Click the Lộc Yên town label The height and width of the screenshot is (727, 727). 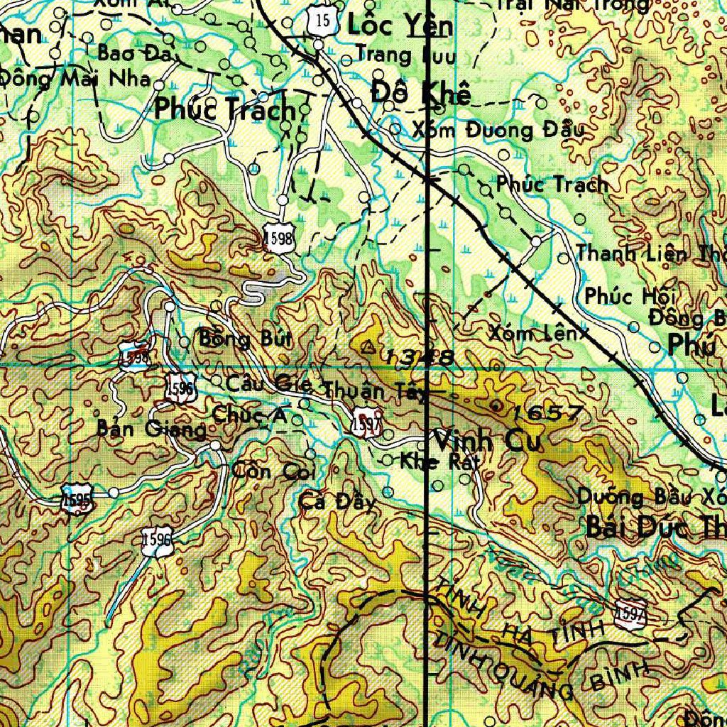point(399,26)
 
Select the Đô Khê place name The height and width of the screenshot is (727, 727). point(421,92)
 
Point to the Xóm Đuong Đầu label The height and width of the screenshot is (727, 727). point(498,130)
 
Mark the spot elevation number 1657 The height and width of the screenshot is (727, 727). point(546,412)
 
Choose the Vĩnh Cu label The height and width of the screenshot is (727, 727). point(487,441)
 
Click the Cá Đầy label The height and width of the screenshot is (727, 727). point(337,502)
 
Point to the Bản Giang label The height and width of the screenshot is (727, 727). point(151,429)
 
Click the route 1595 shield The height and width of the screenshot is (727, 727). point(76,497)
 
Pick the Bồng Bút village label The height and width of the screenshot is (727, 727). point(235,339)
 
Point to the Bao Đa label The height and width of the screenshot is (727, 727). point(130,53)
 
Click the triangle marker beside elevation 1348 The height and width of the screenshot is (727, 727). point(368,348)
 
